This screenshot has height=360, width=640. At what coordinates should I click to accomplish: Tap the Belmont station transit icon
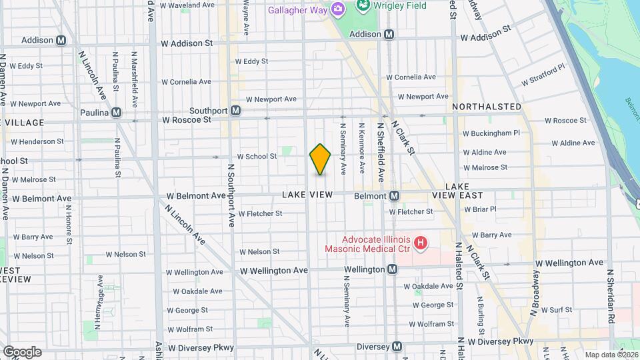pyautogui.click(x=394, y=196)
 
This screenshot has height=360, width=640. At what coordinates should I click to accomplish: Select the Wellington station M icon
pyautogui.click(x=392, y=269)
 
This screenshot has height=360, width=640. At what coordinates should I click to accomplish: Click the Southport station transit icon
pyautogui.click(x=235, y=111)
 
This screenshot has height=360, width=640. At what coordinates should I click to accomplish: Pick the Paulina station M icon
pyautogui.click(x=117, y=113)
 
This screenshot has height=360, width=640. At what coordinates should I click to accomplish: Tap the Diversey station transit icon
pyautogui.click(x=397, y=347)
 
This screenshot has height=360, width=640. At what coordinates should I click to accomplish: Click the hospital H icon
pyautogui.click(x=420, y=243)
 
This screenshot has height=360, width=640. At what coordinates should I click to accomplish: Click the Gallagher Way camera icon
pyautogui.click(x=338, y=9)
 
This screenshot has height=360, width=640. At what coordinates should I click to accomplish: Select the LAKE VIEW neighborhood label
pyautogui.click(x=307, y=195)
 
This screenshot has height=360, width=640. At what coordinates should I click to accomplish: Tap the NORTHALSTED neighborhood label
pyautogui.click(x=487, y=107)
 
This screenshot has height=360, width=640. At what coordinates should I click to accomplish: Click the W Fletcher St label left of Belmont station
pyautogui.click(x=259, y=214)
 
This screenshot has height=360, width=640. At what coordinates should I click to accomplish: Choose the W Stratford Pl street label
pyautogui.click(x=543, y=74)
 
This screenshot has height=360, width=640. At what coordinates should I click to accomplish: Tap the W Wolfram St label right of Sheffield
pyautogui.click(x=433, y=324)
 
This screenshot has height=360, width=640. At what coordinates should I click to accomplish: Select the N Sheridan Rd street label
pyautogui.click(x=609, y=297)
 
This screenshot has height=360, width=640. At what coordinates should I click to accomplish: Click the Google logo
pyautogui.click(x=22, y=351)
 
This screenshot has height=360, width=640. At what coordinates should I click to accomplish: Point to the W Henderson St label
pyautogui.click(x=37, y=141)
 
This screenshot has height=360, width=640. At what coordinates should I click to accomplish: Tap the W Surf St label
pyautogui.click(x=556, y=310)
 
